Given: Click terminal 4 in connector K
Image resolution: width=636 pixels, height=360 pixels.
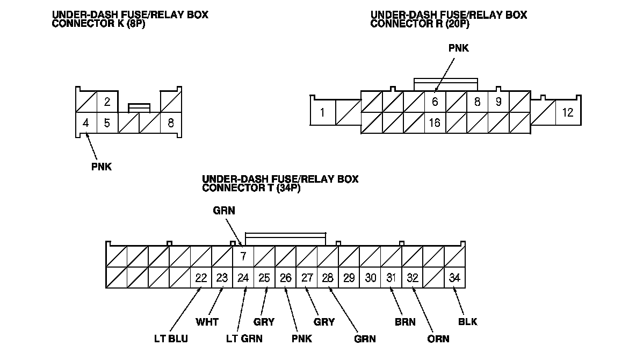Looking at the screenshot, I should [86, 123].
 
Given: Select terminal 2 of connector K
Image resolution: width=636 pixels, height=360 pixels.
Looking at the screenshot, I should [107, 102].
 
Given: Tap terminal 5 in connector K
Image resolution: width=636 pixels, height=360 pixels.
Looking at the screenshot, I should [107, 123].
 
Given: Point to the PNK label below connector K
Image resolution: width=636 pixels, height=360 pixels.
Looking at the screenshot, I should [102, 167].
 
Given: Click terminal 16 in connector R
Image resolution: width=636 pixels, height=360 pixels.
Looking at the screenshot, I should [435, 123].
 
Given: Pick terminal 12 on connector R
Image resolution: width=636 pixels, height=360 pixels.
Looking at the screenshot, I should [567, 113].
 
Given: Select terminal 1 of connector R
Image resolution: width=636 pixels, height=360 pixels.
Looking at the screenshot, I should [322, 113].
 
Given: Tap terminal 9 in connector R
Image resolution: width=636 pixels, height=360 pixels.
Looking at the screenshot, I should [498, 102].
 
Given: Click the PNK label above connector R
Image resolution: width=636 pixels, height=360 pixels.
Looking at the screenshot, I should [459, 48].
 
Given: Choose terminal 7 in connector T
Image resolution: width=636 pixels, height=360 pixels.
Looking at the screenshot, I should [243, 256].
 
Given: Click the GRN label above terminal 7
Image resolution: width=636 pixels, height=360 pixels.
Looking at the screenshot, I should [224, 211].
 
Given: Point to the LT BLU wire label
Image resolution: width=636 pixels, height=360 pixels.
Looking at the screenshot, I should [171, 339].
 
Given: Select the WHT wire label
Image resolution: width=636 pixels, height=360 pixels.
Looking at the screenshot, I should [207, 322].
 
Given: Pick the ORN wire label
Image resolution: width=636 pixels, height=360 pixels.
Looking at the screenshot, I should [439, 339].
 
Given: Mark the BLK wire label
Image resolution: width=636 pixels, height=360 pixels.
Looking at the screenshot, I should [467, 322].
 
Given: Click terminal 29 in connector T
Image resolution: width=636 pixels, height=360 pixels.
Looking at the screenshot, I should [349, 278].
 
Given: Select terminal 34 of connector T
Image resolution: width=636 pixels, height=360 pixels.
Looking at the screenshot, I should [455, 278].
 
